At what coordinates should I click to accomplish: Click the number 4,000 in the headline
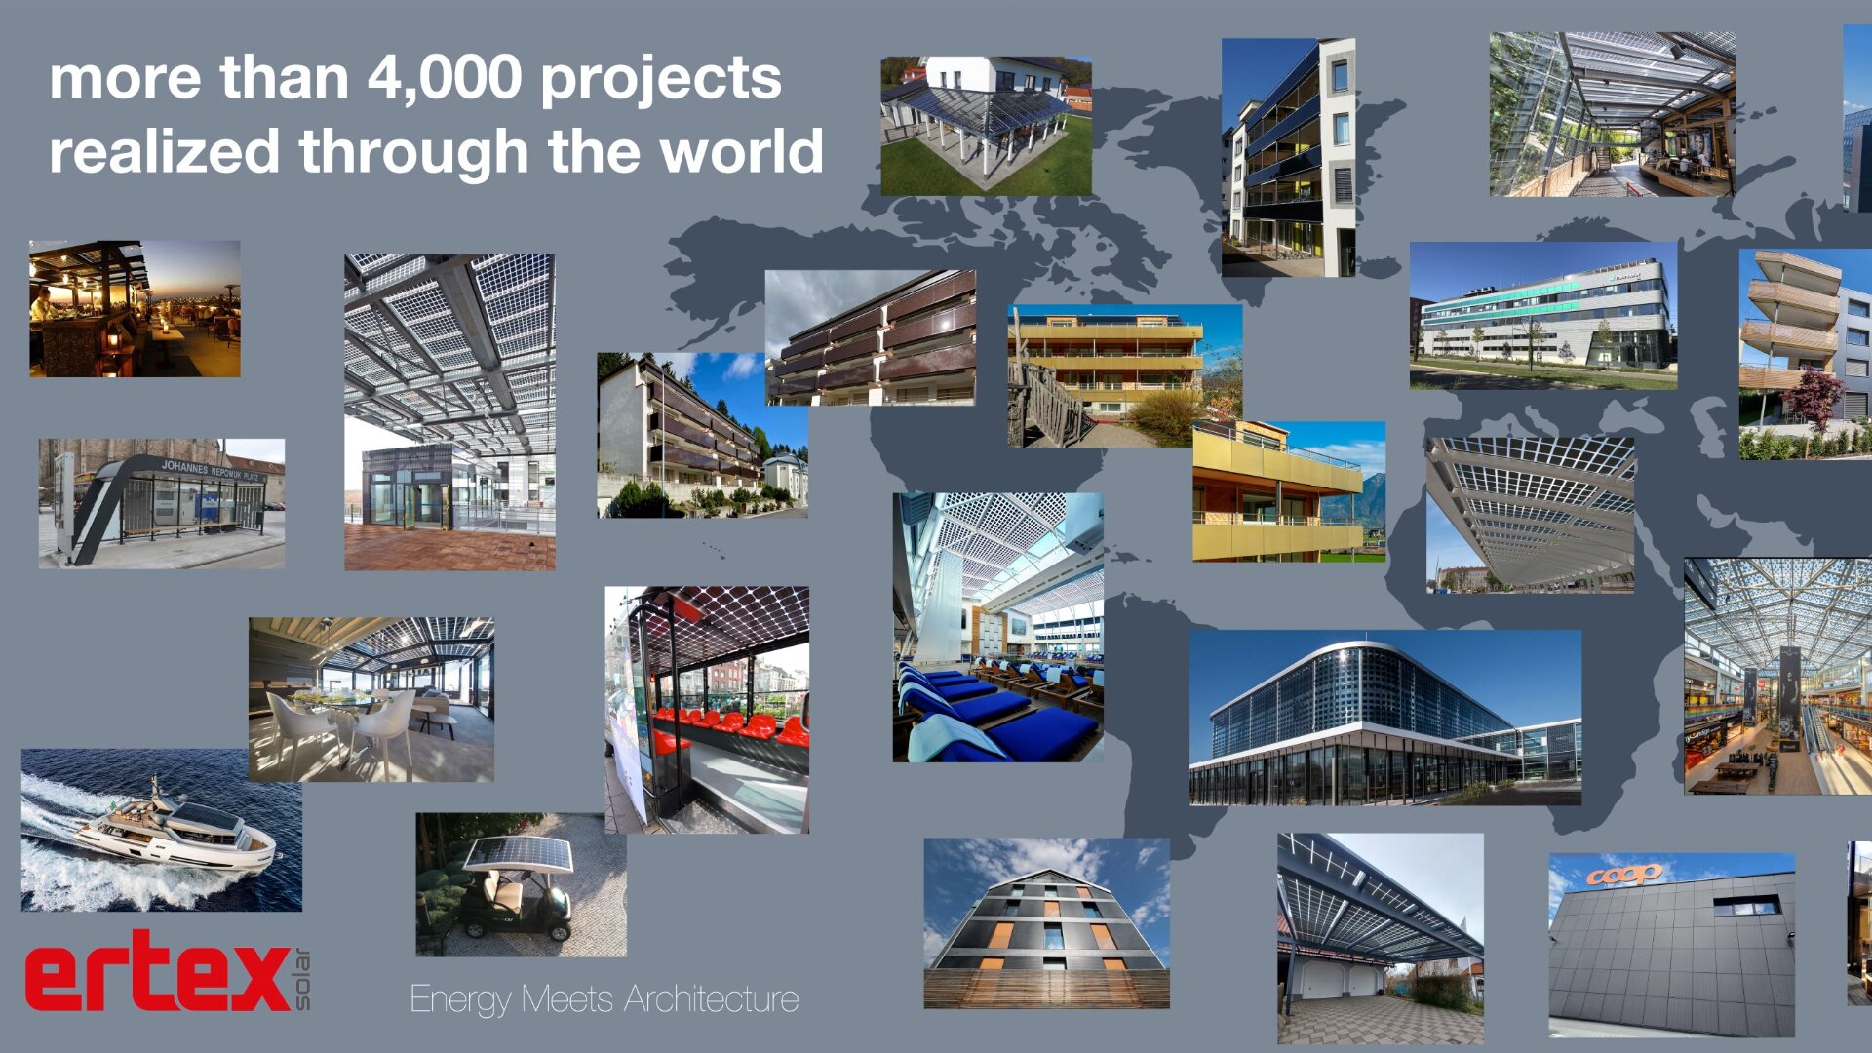pos(444,78)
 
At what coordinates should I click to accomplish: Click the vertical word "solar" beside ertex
pos(302,978)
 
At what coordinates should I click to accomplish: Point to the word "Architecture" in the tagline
pos(711,999)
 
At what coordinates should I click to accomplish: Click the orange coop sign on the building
pos(1623,875)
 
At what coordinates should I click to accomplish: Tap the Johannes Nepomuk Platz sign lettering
pos(211,471)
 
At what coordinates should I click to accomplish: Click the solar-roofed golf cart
pos(517,887)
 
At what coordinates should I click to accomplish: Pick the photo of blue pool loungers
pos(998,627)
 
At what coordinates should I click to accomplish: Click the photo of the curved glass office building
pos(1385,718)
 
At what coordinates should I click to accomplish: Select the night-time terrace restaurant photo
pos(135,309)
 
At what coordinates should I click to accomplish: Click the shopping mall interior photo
pos(1777,676)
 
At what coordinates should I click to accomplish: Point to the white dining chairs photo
pos(371,699)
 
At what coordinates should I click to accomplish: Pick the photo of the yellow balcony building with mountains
pos(1289,491)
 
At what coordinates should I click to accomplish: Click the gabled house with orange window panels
pos(1047,923)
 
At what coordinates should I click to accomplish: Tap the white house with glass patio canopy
pos(987,126)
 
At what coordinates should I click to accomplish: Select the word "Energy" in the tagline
pos(461,1000)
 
